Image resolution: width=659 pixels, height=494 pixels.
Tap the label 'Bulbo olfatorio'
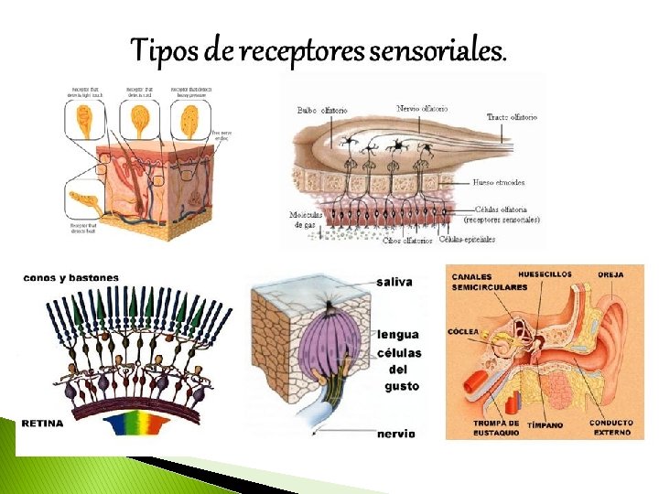tap(322, 111)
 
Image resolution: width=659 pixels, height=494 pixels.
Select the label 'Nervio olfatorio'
tap(423, 109)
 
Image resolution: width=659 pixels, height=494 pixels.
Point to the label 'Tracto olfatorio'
tap(512, 117)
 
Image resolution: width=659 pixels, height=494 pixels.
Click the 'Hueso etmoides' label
tap(500, 182)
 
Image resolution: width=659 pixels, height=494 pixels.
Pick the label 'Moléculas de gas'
tap(305, 220)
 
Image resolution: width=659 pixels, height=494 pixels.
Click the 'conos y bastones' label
tap(62, 277)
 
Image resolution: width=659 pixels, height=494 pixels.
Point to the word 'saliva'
tap(394, 283)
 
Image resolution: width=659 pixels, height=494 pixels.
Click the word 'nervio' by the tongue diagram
tap(396, 433)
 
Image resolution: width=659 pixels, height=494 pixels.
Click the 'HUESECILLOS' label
tap(546, 274)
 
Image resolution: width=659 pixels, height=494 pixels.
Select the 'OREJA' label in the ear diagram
tap(611, 274)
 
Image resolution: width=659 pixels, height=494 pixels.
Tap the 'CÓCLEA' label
tap(464, 331)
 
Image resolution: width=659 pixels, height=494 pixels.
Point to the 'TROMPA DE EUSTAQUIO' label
tap(497, 428)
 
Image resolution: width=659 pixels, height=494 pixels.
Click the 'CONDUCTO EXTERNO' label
tap(610, 427)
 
